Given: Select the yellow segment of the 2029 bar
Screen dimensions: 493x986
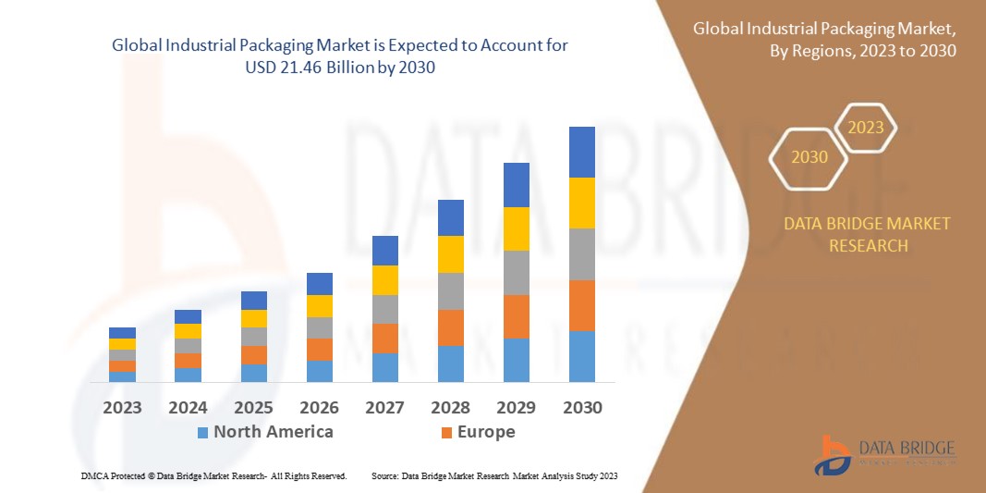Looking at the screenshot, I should (x=516, y=228).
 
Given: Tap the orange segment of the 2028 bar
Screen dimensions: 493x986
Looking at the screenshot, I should (x=450, y=327).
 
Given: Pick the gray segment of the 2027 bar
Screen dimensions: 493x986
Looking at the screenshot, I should (x=384, y=309).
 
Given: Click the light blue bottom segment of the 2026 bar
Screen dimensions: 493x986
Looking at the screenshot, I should (x=319, y=371).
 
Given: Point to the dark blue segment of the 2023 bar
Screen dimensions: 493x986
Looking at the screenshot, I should (x=122, y=333).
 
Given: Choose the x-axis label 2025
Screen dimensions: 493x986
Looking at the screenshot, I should (x=253, y=408).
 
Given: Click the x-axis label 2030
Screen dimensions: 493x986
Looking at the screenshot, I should (x=581, y=408).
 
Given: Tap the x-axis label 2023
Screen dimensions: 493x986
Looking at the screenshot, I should (x=122, y=408).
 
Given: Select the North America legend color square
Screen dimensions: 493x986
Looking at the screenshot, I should (x=202, y=432).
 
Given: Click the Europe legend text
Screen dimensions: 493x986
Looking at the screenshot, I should (x=485, y=432).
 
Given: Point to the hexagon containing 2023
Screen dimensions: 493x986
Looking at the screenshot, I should (x=866, y=128).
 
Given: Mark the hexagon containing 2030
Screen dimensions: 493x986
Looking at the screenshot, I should (x=809, y=157).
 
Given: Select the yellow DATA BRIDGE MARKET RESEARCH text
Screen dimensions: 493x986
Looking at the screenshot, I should (x=867, y=235).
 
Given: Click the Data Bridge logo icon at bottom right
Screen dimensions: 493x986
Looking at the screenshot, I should (x=831, y=454).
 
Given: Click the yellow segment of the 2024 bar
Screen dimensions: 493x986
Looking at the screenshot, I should (x=188, y=331).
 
